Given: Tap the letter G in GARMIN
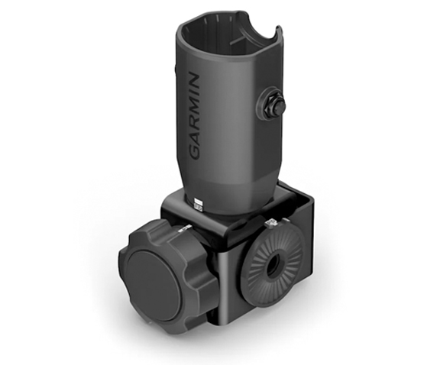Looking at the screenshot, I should [193, 150].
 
